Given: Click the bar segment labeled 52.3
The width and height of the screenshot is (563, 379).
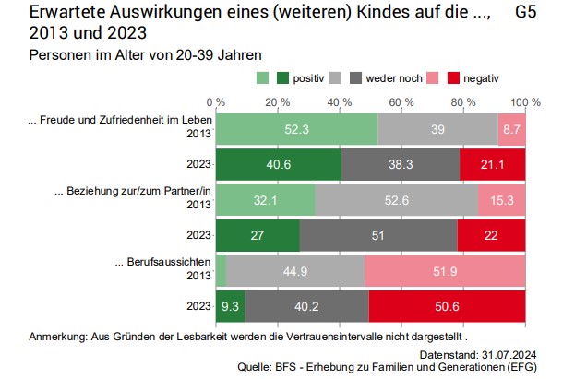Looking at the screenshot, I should pos(296,130).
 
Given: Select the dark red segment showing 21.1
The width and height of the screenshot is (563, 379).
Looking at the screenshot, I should pos(493,165).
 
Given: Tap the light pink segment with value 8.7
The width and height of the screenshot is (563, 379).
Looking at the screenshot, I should pos(511,130).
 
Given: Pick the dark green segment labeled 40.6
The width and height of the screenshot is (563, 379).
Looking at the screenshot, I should pos(278,165).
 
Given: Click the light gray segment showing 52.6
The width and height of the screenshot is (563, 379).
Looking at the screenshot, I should pos(396,200).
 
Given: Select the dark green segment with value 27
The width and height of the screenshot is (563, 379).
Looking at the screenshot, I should pos(258,235).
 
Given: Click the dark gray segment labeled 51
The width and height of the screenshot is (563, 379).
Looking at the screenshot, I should pos(377,235).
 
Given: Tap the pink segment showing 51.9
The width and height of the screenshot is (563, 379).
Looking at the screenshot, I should pos(445,270).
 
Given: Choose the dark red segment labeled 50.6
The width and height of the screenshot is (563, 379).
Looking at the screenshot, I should pos(447,305).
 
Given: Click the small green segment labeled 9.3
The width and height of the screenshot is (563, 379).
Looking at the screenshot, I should pos(230,305).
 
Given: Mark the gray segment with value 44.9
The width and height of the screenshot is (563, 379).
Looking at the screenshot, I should pos(295,270).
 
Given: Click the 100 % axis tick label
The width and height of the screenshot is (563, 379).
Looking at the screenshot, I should pos(524,100).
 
